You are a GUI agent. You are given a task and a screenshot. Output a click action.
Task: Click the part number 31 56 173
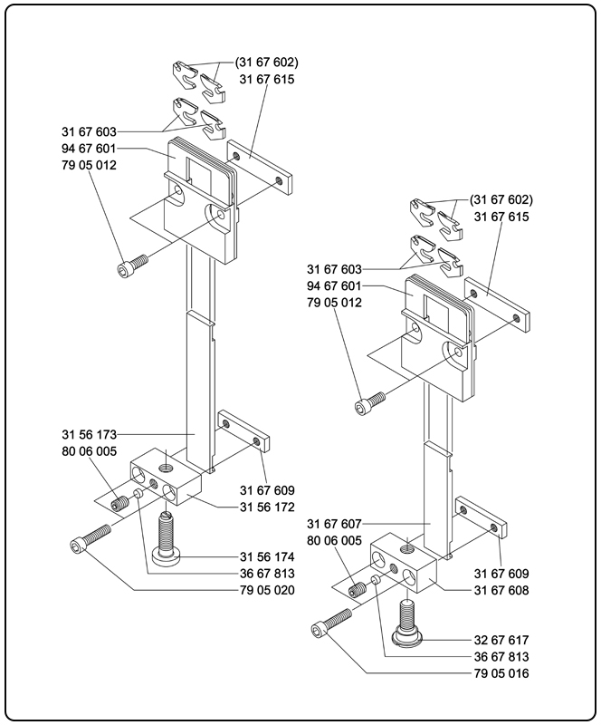click(90, 434)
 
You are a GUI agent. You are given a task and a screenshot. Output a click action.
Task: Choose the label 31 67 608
click(501, 589)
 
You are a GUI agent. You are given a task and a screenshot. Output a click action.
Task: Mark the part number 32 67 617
click(501, 640)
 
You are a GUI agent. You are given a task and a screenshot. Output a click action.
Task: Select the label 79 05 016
click(501, 673)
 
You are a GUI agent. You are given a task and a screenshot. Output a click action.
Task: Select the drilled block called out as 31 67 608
click(406, 561)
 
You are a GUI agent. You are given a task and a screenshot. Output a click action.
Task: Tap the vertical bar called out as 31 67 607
click(438, 480)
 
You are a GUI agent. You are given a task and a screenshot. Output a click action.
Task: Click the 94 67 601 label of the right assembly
click(334, 286)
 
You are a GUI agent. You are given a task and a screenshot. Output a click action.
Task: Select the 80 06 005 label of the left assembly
click(90, 451)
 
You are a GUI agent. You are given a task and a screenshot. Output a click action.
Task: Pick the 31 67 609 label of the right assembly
click(501, 574)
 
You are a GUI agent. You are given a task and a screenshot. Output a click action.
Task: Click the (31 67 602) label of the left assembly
click(266, 63)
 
